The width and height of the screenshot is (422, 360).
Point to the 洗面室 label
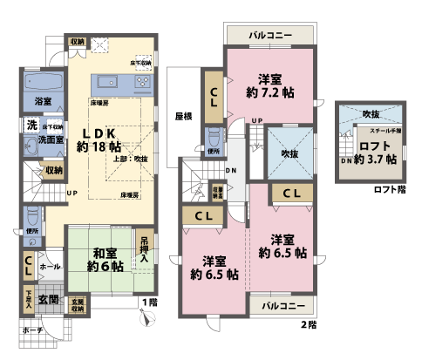click(x=44, y=139)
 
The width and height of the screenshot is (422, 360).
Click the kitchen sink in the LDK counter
click(x=108, y=82)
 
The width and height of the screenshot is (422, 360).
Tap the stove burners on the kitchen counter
click(x=141, y=82)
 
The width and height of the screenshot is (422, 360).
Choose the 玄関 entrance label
click(x=50, y=299)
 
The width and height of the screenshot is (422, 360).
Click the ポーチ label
click(x=33, y=331)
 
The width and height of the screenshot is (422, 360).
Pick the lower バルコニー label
click(x=282, y=306)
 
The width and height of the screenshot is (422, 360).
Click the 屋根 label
click(x=182, y=116)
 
